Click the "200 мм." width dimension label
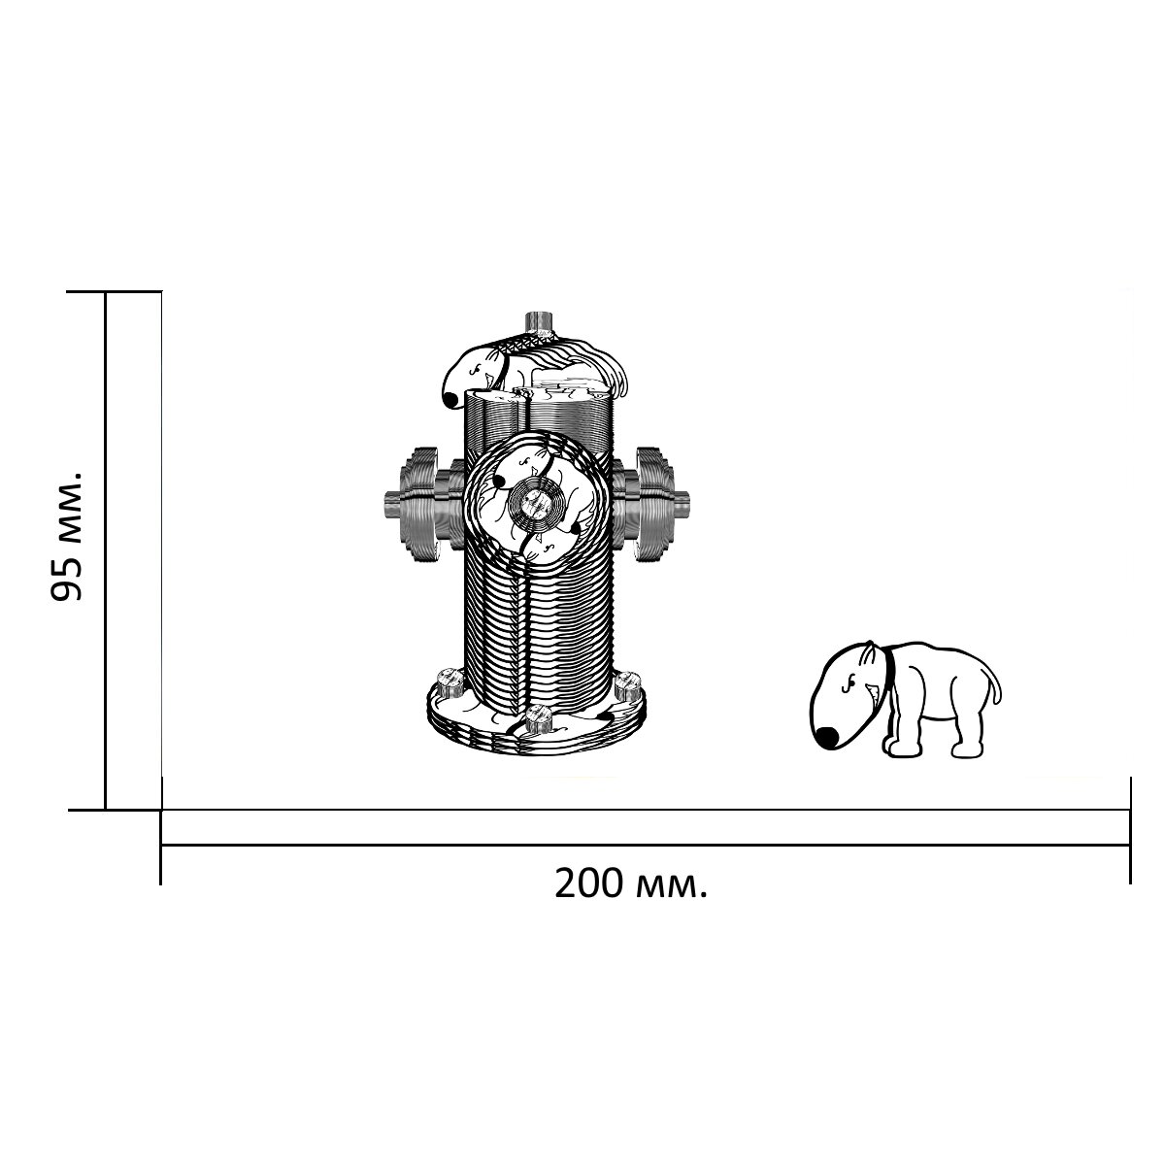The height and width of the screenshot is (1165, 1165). tap(631, 884)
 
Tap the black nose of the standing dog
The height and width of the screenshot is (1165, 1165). tap(826, 736)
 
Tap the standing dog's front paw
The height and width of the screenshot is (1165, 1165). tap(902, 749)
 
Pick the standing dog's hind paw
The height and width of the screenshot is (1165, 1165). tap(970, 750)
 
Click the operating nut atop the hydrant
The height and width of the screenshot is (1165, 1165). tap(539, 322)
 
